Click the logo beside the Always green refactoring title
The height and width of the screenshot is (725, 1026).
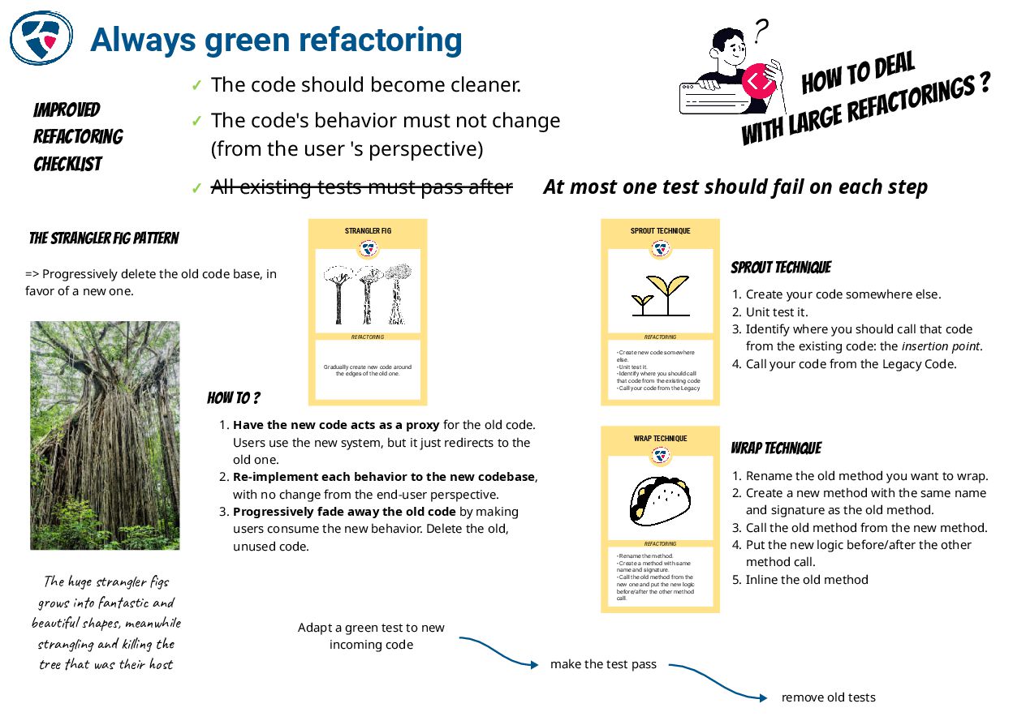pos(41,37)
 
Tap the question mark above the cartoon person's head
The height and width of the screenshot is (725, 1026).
pos(760,32)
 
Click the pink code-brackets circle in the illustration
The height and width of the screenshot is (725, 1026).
pos(759,81)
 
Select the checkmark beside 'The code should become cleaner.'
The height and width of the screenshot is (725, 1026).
pos(196,85)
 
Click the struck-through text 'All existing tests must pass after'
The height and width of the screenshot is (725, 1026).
pos(362,187)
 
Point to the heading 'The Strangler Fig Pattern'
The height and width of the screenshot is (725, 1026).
pos(104,238)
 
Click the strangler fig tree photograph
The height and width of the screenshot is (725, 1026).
pos(105,435)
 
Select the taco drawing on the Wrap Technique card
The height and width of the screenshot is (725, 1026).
pos(660,500)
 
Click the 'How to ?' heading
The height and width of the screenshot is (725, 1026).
pos(234,398)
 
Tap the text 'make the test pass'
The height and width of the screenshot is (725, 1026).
pos(603,665)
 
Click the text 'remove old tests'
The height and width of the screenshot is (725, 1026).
pos(828,697)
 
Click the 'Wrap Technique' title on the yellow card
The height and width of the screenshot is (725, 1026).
pos(660,439)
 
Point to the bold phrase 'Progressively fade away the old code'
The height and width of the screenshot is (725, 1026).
pos(344,512)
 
